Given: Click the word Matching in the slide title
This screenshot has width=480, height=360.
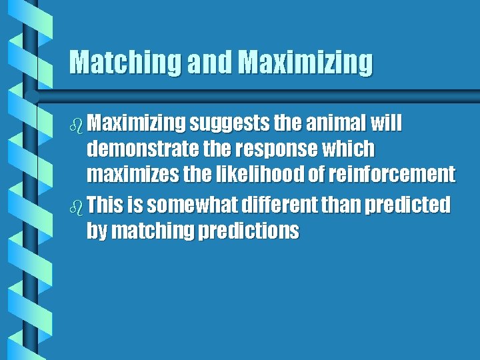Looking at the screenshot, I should coord(125,63).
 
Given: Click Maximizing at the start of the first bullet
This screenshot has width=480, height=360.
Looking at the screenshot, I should coord(136,123).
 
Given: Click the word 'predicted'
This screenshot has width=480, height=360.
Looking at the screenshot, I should coord(407,205).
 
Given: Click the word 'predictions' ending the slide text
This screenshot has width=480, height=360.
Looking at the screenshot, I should coord(249,231).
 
